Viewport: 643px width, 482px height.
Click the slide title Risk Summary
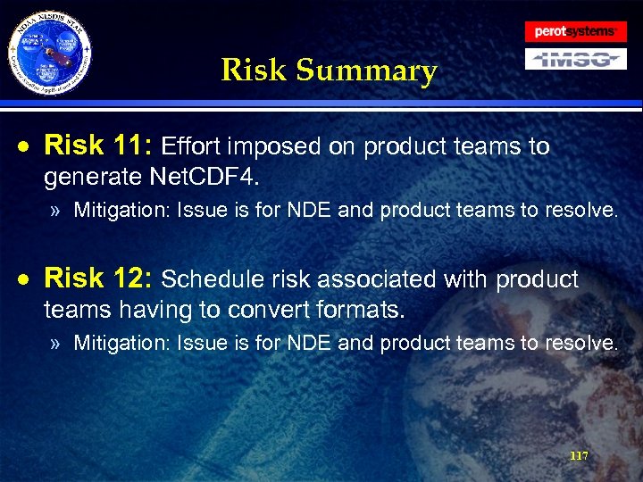329,70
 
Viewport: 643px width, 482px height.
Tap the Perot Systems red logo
574,31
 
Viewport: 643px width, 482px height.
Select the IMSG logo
574,59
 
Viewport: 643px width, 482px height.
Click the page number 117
579,455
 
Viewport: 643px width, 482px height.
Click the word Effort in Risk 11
196,146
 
